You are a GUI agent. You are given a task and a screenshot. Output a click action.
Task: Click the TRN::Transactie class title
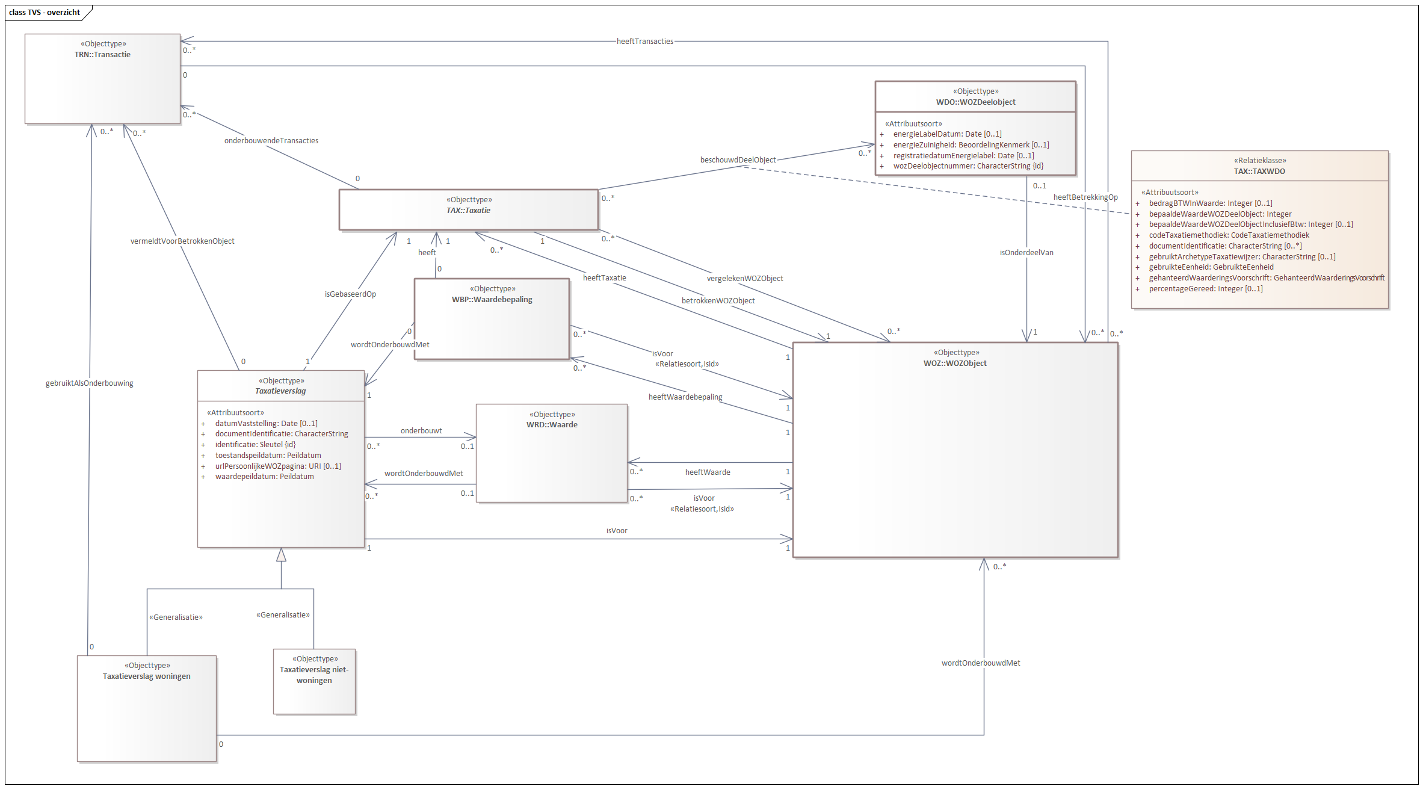point(102,55)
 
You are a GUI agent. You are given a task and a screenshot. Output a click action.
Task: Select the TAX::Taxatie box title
point(468,211)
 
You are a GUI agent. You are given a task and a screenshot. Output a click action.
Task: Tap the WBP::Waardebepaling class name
point(492,300)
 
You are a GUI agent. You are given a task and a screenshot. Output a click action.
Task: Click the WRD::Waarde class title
point(551,425)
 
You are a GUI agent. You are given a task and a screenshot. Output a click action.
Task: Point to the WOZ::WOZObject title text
point(955,364)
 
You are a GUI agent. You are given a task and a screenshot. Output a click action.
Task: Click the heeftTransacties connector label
point(644,42)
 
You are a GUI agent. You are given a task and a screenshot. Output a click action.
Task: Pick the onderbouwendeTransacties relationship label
point(271,141)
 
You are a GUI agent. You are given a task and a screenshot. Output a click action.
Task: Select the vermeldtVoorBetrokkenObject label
point(182,241)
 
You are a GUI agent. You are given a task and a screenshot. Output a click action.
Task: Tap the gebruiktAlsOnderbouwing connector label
point(89,383)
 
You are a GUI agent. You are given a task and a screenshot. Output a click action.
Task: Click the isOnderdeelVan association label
point(1026,253)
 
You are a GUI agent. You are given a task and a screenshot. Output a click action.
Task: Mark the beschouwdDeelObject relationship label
point(738,160)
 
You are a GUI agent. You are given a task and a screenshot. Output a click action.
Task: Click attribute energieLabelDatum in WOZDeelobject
point(946,134)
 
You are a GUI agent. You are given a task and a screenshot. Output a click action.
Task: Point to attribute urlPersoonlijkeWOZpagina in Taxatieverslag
point(277,466)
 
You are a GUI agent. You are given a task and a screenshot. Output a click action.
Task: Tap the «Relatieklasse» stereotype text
point(1259,161)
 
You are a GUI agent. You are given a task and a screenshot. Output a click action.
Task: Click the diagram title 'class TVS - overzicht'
point(45,12)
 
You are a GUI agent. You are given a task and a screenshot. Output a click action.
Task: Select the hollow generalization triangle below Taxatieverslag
point(281,555)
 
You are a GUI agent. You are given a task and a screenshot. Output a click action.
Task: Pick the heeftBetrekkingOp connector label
point(1085,197)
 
